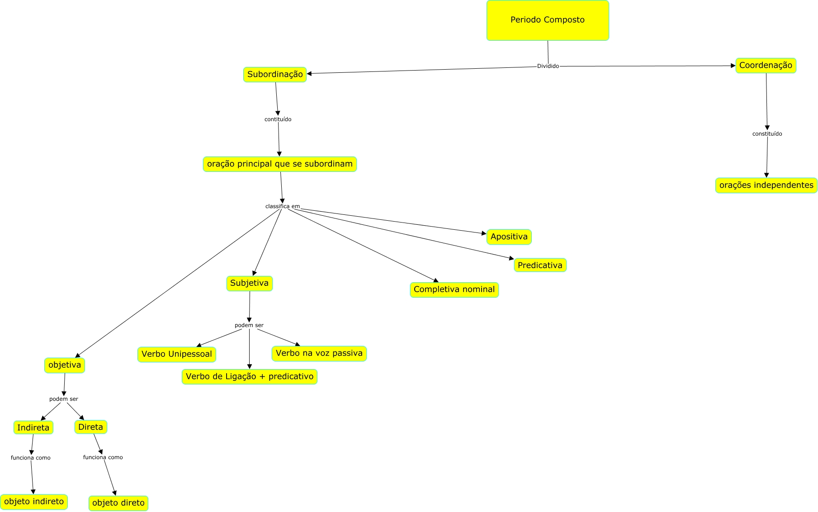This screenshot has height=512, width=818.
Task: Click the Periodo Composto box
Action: [x=548, y=20]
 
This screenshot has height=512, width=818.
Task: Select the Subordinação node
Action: [x=275, y=75]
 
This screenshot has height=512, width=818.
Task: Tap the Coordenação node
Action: [x=766, y=66]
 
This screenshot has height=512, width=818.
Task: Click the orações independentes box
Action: [x=766, y=185]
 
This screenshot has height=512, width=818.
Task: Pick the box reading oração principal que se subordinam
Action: [x=279, y=164]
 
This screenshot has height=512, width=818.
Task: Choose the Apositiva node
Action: [x=509, y=237]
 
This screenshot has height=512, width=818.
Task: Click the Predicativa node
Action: [x=540, y=265]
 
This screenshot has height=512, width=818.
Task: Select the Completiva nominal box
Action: [x=454, y=290]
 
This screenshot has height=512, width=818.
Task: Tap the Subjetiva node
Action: [x=249, y=284]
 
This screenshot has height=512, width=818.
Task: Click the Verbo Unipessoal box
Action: [x=176, y=355]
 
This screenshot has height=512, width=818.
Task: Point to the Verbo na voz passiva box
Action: [x=319, y=354]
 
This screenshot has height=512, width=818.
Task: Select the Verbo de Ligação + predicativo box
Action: [x=249, y=377]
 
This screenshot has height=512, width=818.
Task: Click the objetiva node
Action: [x=65, y=365]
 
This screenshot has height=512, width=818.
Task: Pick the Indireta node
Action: [x=33, y=428]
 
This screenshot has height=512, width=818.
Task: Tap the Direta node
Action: [x=90, y=427]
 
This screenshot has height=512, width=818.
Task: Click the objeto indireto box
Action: [x=34, y=502]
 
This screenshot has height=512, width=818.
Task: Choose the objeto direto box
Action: [x=118, y=503]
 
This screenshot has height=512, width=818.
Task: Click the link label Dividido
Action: [x=548, y=66]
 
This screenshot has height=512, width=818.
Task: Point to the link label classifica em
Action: [x=282, y=207]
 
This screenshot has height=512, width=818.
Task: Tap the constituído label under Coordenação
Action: [x=767, y=134]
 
